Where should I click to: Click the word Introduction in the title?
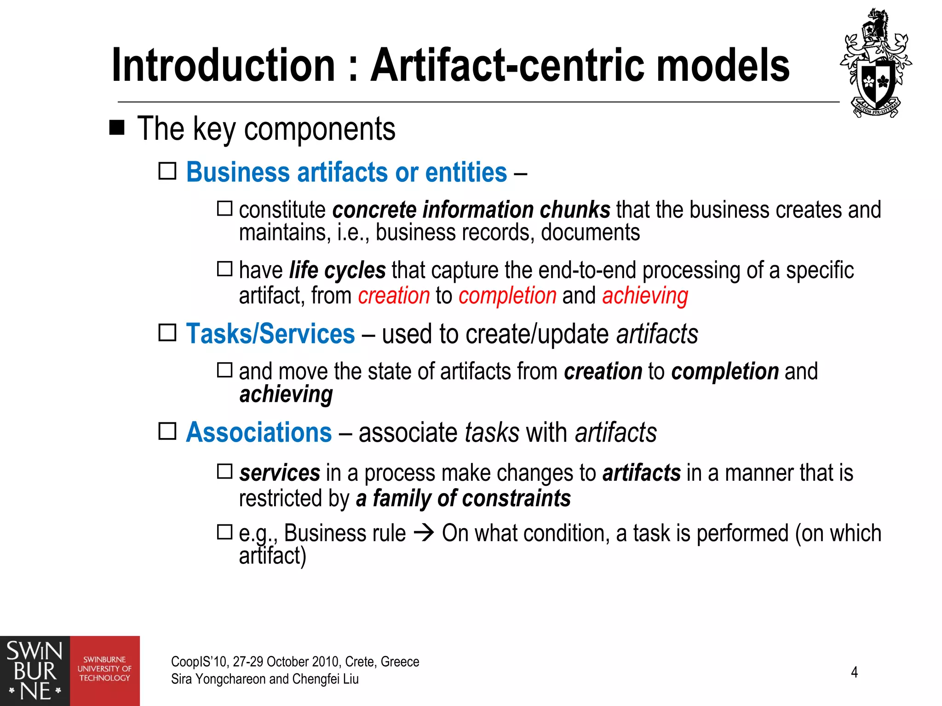224,65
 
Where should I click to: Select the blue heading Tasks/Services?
270,334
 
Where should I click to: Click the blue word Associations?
259,433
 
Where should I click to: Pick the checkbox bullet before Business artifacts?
167,171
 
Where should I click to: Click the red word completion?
507,296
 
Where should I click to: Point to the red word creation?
394,296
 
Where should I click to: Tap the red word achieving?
645,296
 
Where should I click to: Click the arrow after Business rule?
424,533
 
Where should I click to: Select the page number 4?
854,672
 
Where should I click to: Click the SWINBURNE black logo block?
35,671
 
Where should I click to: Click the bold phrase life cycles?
337,270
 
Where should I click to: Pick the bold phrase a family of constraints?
464,499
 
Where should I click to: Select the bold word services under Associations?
280,473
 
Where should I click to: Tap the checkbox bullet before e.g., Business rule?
225,532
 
